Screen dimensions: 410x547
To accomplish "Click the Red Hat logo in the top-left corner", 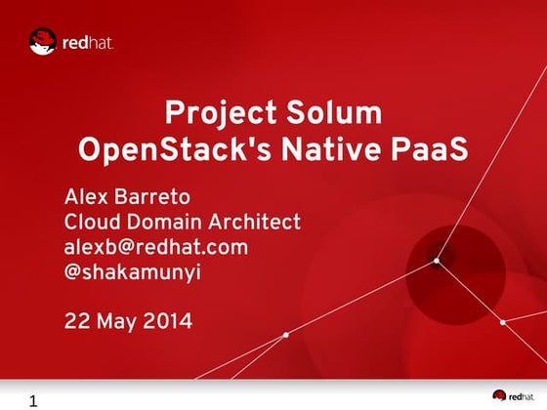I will click(x=71, y=42).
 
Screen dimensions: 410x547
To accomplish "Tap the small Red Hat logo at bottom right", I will click(x=513, y=394).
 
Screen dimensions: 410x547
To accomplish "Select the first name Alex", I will click(x=85, y=192).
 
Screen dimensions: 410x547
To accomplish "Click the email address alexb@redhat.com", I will click(x=155, y=247).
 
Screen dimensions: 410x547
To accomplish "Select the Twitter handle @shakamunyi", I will click(x=132, y=274).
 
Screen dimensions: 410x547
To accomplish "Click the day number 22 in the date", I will click(x=77, y=320).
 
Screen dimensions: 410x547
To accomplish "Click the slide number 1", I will click(x=34, y=400).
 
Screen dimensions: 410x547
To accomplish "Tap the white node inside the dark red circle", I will click(x=437, y=261).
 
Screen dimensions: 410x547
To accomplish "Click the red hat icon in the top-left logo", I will click(x=42, y=42).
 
